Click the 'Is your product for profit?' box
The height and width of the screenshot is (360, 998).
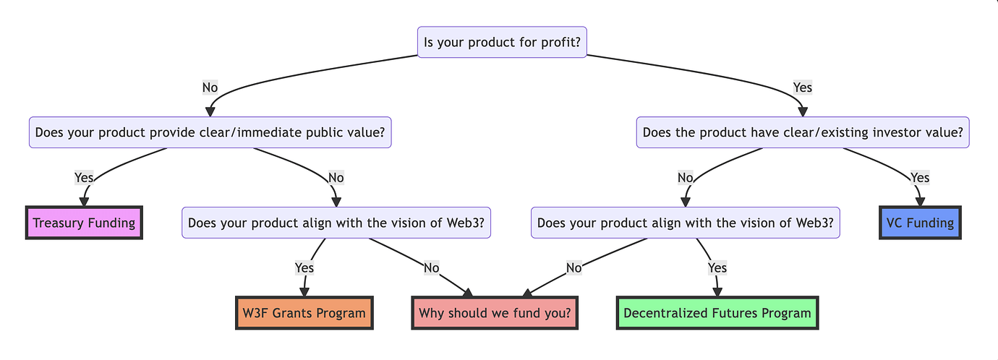coord(503,42)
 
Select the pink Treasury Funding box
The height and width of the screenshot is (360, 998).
coord(84,223)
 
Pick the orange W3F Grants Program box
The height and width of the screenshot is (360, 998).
coord(304,313)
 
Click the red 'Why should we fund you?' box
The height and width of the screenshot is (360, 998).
coord(495,313)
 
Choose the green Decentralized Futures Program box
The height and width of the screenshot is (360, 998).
coord(717,313)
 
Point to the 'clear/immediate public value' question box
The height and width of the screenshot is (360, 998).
coord(210,132)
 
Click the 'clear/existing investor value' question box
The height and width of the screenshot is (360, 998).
coord(803,132)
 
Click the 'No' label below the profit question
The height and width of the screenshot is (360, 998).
coord(210,87)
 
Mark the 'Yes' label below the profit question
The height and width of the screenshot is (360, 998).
coord(803,87)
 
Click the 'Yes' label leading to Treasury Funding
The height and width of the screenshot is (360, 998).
coord(85,177)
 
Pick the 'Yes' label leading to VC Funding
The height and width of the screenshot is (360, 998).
coord(920,177)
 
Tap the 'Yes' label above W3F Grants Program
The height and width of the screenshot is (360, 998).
coord(304,267)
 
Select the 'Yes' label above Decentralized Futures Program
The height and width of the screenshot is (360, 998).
coord(717,267)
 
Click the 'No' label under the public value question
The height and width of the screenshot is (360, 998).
coord(336,177)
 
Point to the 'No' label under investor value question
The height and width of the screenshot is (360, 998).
coord(685,177)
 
